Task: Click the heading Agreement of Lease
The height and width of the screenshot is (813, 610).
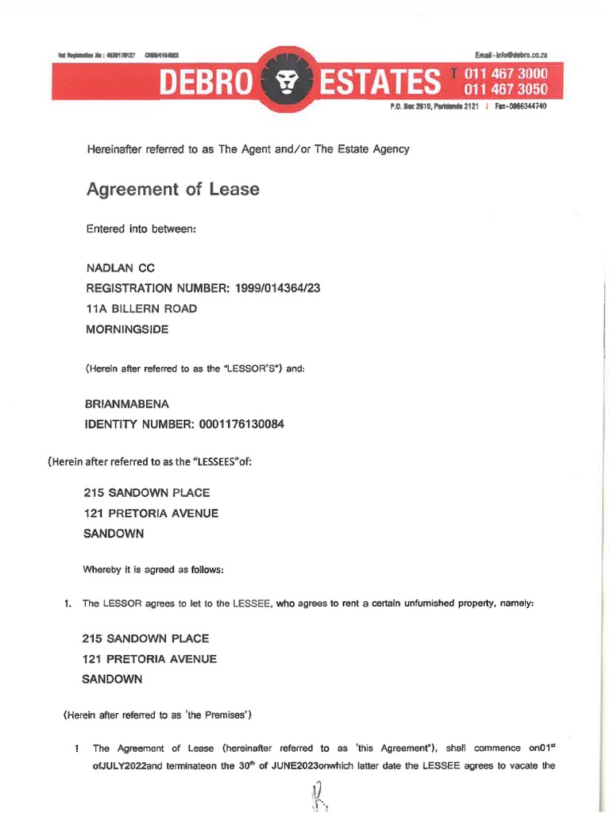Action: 172,190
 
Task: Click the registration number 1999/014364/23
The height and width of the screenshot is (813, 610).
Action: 271,289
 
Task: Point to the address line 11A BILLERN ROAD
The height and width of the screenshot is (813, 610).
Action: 141,309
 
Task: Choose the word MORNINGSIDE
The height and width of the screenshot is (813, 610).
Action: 126,329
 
